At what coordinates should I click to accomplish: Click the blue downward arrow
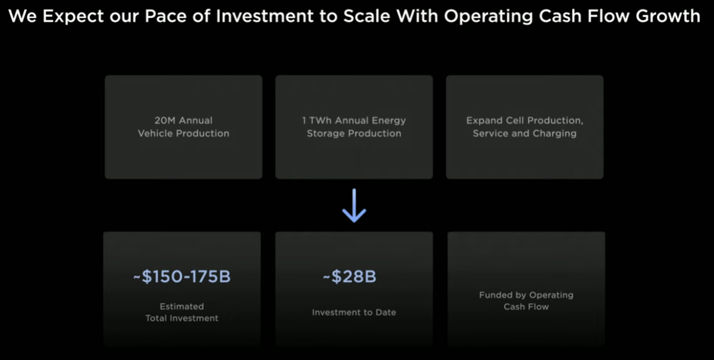point(354,206)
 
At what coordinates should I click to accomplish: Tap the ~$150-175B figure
point(182,277)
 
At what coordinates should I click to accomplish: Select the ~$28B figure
point(349,277)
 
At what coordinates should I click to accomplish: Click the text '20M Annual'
point(183,120)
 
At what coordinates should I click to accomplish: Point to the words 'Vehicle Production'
point(183,133)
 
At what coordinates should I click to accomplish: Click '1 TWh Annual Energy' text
point(354,120)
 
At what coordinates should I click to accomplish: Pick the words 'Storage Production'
point(354,133)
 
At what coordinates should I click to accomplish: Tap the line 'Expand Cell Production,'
point(525,120)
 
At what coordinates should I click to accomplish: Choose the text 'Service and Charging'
point(525,133)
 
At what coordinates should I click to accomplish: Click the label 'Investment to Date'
point(354,312)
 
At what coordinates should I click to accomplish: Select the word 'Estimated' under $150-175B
point(182,307)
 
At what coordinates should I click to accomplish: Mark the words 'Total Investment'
point(182,318)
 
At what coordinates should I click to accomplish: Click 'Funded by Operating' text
point(526,295)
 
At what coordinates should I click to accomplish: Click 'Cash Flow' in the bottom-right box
point(526,307)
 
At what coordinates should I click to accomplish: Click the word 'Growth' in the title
point(668,16)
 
